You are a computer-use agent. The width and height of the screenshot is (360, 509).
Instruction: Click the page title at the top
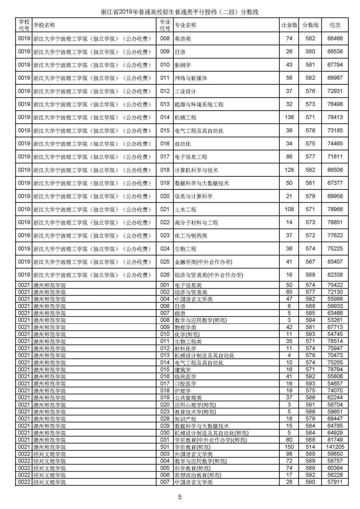[x=180, y=12]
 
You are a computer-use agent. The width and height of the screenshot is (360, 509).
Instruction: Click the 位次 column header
[x=335, y=25]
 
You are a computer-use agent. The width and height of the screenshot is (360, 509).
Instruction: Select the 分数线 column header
[x=310, y=25]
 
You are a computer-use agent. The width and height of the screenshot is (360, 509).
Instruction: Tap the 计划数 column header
[x=289, y=25]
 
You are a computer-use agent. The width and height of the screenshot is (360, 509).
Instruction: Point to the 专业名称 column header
[x=186, y=25]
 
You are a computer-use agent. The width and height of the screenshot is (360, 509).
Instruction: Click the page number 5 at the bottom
[x=180, y=497]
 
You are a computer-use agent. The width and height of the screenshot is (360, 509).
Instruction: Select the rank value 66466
[x=335, y=38]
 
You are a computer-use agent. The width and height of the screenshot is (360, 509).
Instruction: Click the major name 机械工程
[x=185, y=117]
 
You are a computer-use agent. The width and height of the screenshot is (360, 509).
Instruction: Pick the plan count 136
[x=289, y=117]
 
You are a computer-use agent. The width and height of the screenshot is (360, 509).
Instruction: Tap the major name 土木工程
[x=185, y=209]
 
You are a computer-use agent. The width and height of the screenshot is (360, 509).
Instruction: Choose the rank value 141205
[x=335, y=447]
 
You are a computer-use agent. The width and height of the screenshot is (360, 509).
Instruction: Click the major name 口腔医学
[x=185, y=384]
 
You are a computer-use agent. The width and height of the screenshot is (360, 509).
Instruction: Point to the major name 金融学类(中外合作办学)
[x=203, y=262]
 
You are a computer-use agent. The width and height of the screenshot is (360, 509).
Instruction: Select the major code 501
[x=165, y=447]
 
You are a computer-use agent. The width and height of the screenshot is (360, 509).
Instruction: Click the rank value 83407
[x=335, y=262]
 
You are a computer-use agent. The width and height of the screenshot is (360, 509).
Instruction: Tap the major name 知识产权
[x=185, y=419]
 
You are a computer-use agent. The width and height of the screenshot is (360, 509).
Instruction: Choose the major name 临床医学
[x=185, y=377]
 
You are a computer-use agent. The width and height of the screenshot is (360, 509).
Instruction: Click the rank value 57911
[x=335, y=482]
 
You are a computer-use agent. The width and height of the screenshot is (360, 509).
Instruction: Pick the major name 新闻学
[x=183, y=65]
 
